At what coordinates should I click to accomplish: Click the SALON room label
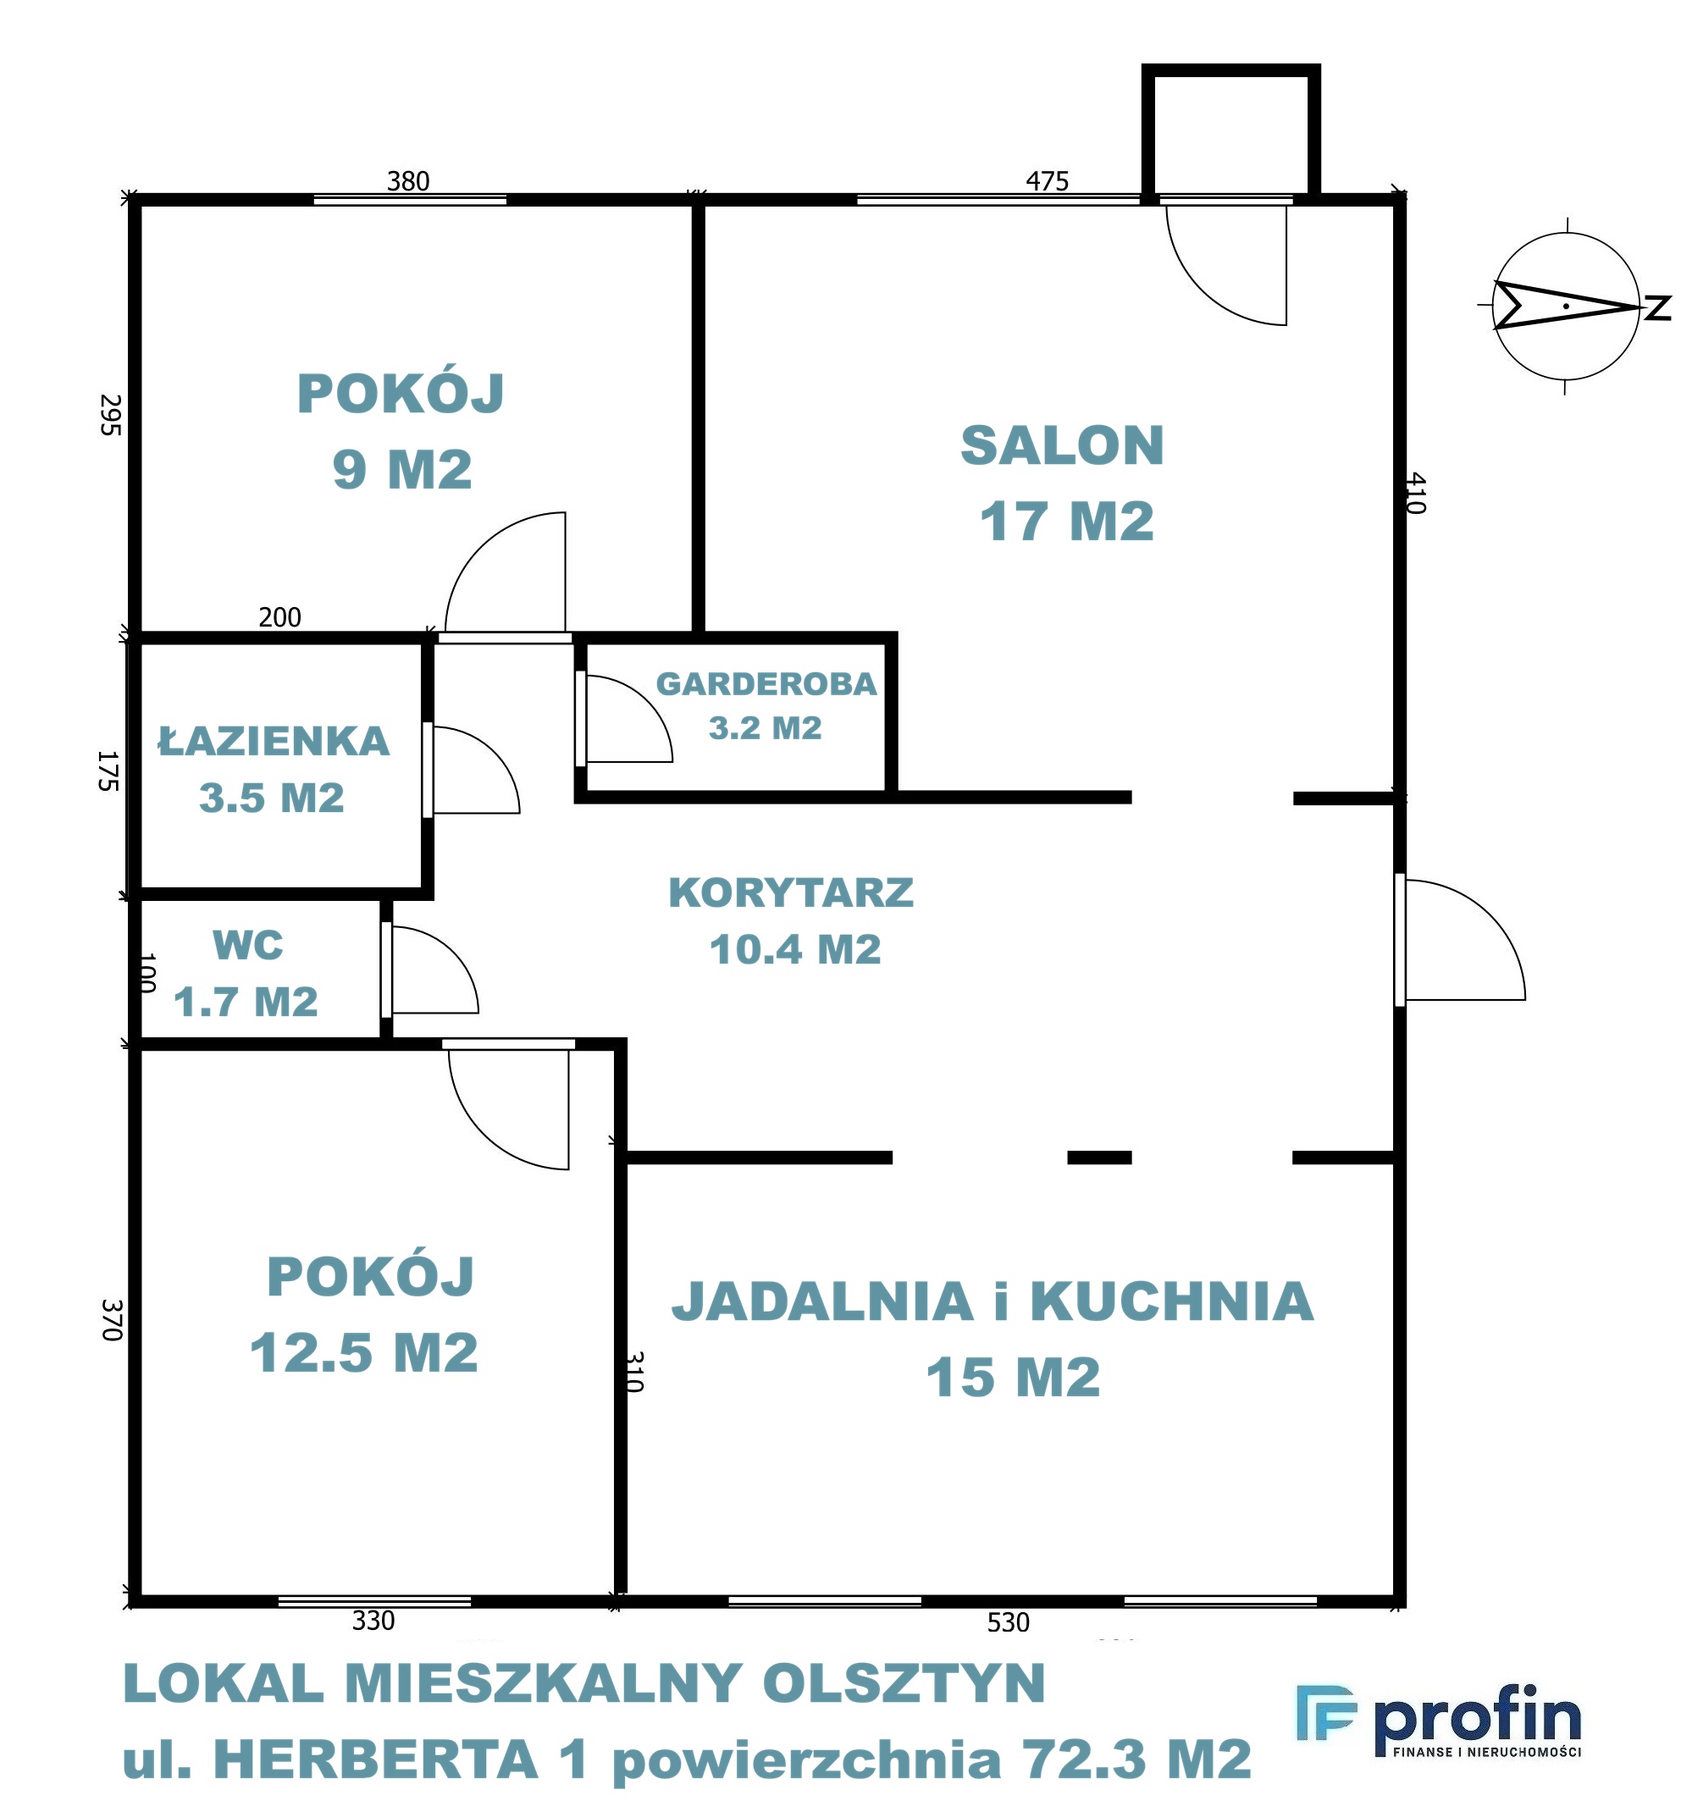click(1063, 445)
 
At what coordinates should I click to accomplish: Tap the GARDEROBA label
click(766, 684)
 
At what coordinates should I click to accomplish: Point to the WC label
click(248, 945)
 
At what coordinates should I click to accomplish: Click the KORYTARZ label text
click(791, 892)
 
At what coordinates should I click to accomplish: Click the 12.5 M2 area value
click(364, 1352)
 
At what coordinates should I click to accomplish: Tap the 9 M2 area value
click(402, 469)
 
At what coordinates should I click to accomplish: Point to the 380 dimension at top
click(408, 181)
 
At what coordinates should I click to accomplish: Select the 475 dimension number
click(1047, 181)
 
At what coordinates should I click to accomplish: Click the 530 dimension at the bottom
click(1009, 1621)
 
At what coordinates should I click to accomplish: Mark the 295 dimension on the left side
click(110, 415)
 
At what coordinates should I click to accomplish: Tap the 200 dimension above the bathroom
click(280, 617)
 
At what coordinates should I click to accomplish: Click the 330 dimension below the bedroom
click(373, 1620)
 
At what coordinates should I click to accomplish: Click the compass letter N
click(1657, 307)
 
